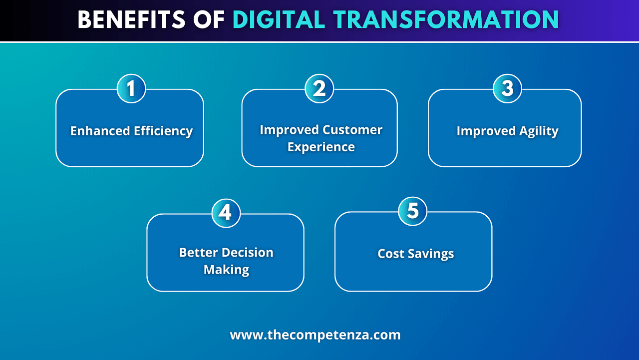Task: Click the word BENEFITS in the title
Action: point(132,19)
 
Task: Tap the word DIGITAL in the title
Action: point(279,19)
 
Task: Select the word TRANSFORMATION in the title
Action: point(446,19)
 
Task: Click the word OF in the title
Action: point(209,19)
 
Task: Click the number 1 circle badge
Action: point(131,88)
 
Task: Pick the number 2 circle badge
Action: point(319,88)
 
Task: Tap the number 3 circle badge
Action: point(508,88)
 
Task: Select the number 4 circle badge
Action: point(226,213)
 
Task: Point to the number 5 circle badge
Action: point(412,211)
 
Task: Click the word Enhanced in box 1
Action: point(100,131)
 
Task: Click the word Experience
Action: point(321,147)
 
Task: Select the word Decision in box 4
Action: point(247,253)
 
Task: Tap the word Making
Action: point(226,270)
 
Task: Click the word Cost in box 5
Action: point(390,254)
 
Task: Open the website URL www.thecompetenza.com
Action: point(315,335)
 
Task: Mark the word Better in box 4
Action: point(199,253)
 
